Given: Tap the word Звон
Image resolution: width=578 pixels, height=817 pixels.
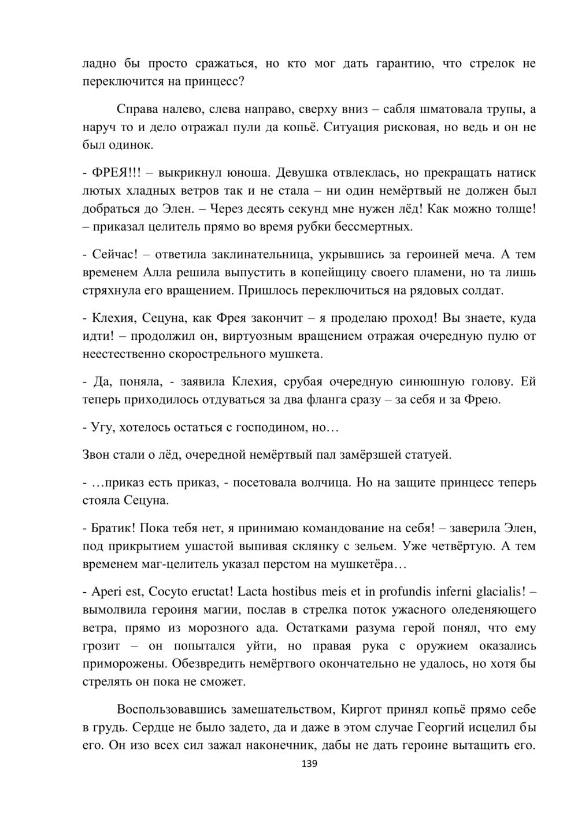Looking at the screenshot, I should [x=99, y=455].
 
